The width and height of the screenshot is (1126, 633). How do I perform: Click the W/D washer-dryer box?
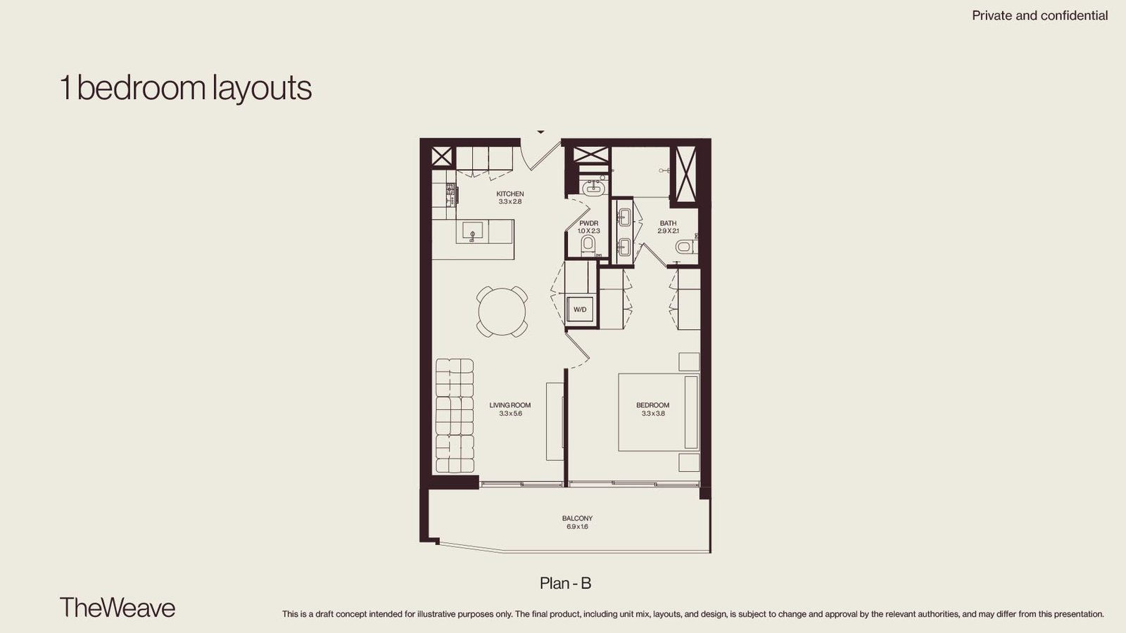click(580, 309)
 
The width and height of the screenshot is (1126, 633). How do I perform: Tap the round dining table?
click(502, 312)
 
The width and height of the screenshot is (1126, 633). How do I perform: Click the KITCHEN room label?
click(510, 193)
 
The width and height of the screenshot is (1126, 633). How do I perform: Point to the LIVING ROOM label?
click(510, 405)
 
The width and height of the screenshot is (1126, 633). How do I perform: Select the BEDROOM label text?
click(652, 405)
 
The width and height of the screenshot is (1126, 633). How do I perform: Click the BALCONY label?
click(577, 518)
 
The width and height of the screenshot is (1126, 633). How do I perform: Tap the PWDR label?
click(588, 223)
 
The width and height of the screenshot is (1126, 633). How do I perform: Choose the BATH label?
click(668, 223)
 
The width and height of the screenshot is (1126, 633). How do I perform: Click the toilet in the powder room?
click(588, 245)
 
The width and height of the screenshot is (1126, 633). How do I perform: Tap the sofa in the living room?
click(455, 416)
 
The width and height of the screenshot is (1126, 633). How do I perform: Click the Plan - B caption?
click(566, 583)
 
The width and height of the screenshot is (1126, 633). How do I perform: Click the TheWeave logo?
click(117, 608)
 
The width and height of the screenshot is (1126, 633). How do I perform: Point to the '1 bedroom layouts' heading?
click(186, 88)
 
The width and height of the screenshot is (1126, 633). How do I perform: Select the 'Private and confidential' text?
click(1039, 15)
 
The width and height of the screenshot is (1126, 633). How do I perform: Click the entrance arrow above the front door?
click(540, 132)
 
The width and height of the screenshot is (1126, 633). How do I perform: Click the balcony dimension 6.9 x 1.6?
click(577, 527)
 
